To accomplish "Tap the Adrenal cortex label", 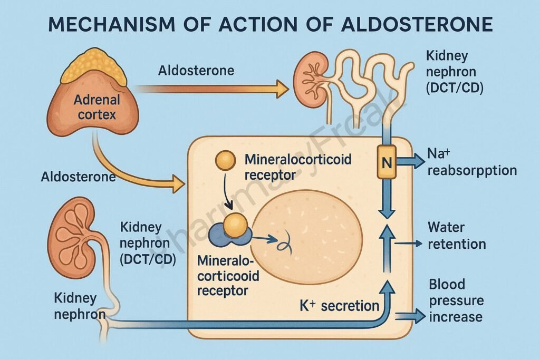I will pos(97,106).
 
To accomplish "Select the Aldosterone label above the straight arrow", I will pos(196,71).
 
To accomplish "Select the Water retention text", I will pos(457,236).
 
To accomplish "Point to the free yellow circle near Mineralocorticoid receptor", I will pos(226,161).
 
